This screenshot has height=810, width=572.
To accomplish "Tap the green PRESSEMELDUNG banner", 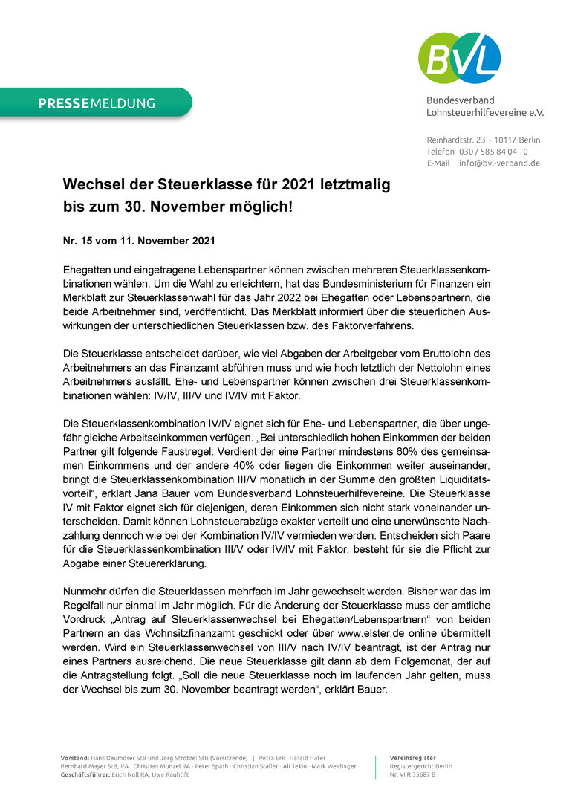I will point(97,103).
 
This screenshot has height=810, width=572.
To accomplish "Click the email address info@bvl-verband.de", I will point(499,163).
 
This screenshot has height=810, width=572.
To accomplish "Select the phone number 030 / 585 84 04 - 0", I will point(493,152).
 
